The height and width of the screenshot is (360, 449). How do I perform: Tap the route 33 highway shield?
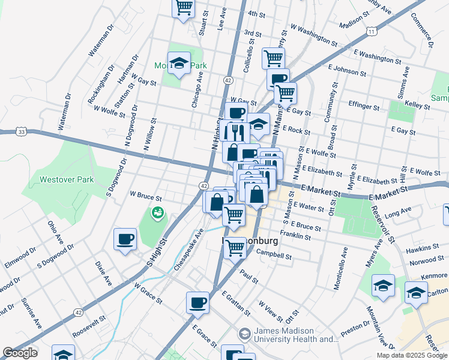[x=22, y=131]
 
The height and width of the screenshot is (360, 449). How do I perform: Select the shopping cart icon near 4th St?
[x=184, y=8]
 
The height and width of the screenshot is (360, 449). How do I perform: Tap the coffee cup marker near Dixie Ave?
[x=125, y=239]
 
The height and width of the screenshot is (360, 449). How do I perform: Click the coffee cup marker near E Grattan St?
[x=197, y=303]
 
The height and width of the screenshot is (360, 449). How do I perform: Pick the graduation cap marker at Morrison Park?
[x=179, y=64]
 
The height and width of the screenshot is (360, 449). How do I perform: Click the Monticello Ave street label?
[x=339, y=268]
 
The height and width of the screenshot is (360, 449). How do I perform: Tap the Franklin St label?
[x=295, y=236]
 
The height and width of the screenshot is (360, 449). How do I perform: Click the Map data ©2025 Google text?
[x=412, y=355]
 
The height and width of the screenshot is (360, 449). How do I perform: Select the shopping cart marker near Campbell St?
[x=234, y=247]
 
